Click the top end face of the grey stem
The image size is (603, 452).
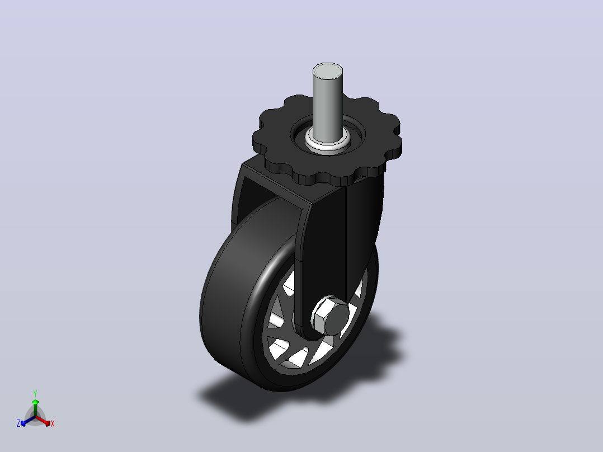point(328,70)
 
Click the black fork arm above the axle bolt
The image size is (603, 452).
point(323,246)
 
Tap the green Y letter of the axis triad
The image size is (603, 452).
point(35,393)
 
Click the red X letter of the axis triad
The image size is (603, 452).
point(53,423)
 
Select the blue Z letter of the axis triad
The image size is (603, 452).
point(18,423)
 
